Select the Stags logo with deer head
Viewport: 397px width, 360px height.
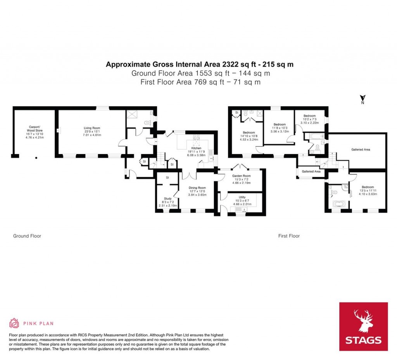tap(363, 326)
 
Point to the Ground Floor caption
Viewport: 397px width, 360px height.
tap(27, 236)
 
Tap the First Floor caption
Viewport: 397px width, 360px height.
tap(289, 236)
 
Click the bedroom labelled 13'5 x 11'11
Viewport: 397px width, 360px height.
tap(368, 190)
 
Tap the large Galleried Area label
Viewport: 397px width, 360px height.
tap(361, 149)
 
